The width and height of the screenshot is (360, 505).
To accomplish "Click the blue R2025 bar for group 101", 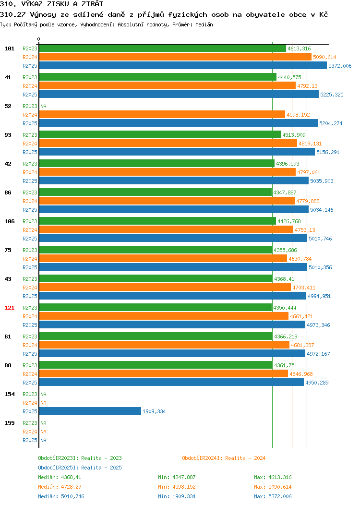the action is coord(183,65).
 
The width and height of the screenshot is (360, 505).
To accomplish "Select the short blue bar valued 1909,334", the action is coord(90,411).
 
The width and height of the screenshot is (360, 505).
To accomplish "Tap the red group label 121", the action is coord(9,308).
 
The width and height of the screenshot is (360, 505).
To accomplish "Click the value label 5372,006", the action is coord(340,66).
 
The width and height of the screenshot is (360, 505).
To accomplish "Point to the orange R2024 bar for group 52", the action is coord(162,114).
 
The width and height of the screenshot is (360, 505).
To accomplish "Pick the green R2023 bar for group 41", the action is coord(158,77).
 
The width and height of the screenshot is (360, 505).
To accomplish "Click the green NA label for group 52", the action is coord(44,106).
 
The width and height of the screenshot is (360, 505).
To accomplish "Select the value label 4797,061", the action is coord(309,172).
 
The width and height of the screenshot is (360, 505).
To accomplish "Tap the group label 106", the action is coord(9,221).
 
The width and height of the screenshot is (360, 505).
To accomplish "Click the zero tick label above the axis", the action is coord(39,39).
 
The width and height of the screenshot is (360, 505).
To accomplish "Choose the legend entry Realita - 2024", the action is coord(224,458).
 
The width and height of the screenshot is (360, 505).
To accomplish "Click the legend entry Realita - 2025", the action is coord(80,468).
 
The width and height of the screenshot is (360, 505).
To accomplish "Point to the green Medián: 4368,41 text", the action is coord(60,477).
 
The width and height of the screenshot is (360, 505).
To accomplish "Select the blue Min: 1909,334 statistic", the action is coord(177,496).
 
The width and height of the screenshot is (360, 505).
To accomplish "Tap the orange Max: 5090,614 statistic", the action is coord(273,487).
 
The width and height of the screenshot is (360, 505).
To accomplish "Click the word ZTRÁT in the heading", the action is coord(93,4).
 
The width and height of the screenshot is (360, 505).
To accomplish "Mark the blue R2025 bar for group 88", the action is coord(172,382).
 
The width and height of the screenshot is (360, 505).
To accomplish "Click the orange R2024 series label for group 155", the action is coord(30,432).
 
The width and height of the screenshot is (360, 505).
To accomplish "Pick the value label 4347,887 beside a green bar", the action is coord(285,192).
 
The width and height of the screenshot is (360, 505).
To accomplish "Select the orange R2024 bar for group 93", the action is coord(168,144).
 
